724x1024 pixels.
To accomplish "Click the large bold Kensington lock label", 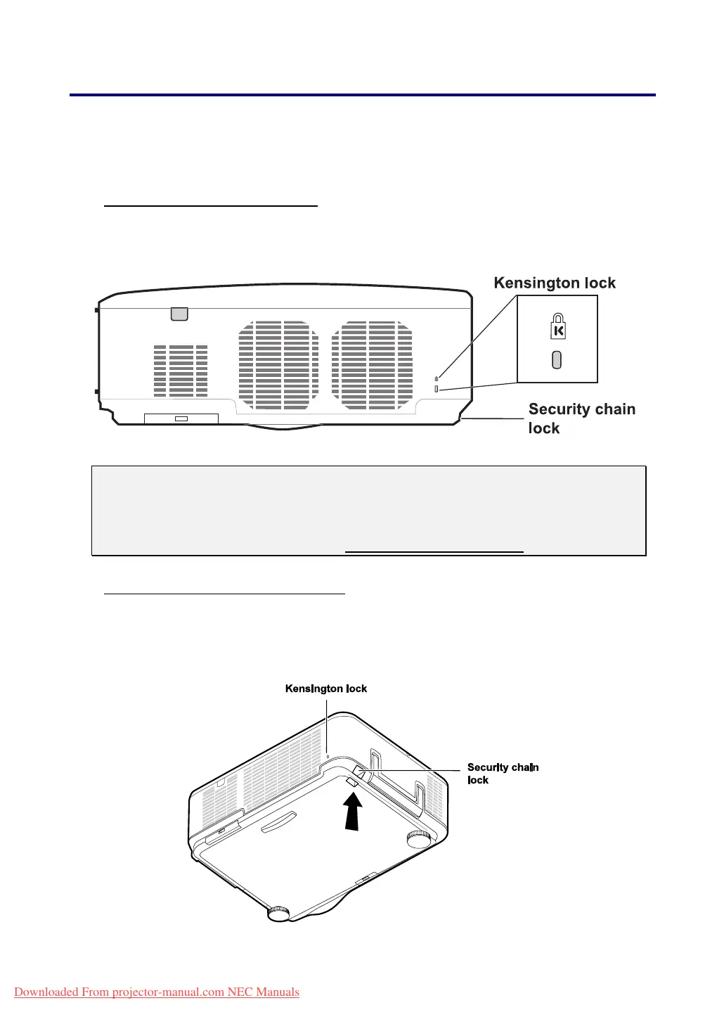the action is tap(555, 283).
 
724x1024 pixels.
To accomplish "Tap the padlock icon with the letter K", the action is tap(557, 326).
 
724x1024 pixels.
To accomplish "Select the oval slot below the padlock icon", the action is tap(557, 360).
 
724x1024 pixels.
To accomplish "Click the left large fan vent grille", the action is tap(278, 365).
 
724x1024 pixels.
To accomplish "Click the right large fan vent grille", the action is tap(372, 365).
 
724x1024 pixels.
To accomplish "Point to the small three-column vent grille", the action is tap(181, 371).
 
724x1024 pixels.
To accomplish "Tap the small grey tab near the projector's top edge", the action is tap(179, 314).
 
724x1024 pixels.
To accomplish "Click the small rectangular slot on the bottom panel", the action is tap(181, 418).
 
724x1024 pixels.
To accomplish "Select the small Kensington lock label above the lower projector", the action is tap(326, 689).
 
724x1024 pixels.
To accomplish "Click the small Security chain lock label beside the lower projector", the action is tap(503, 774).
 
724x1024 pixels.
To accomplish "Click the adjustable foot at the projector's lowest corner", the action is tap(278, 913).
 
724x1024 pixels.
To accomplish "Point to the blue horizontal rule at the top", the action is tap(362, 94).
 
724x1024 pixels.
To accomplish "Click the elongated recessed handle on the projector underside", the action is tap(279, 821).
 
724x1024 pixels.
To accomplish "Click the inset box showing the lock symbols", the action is tap(557, 339).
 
